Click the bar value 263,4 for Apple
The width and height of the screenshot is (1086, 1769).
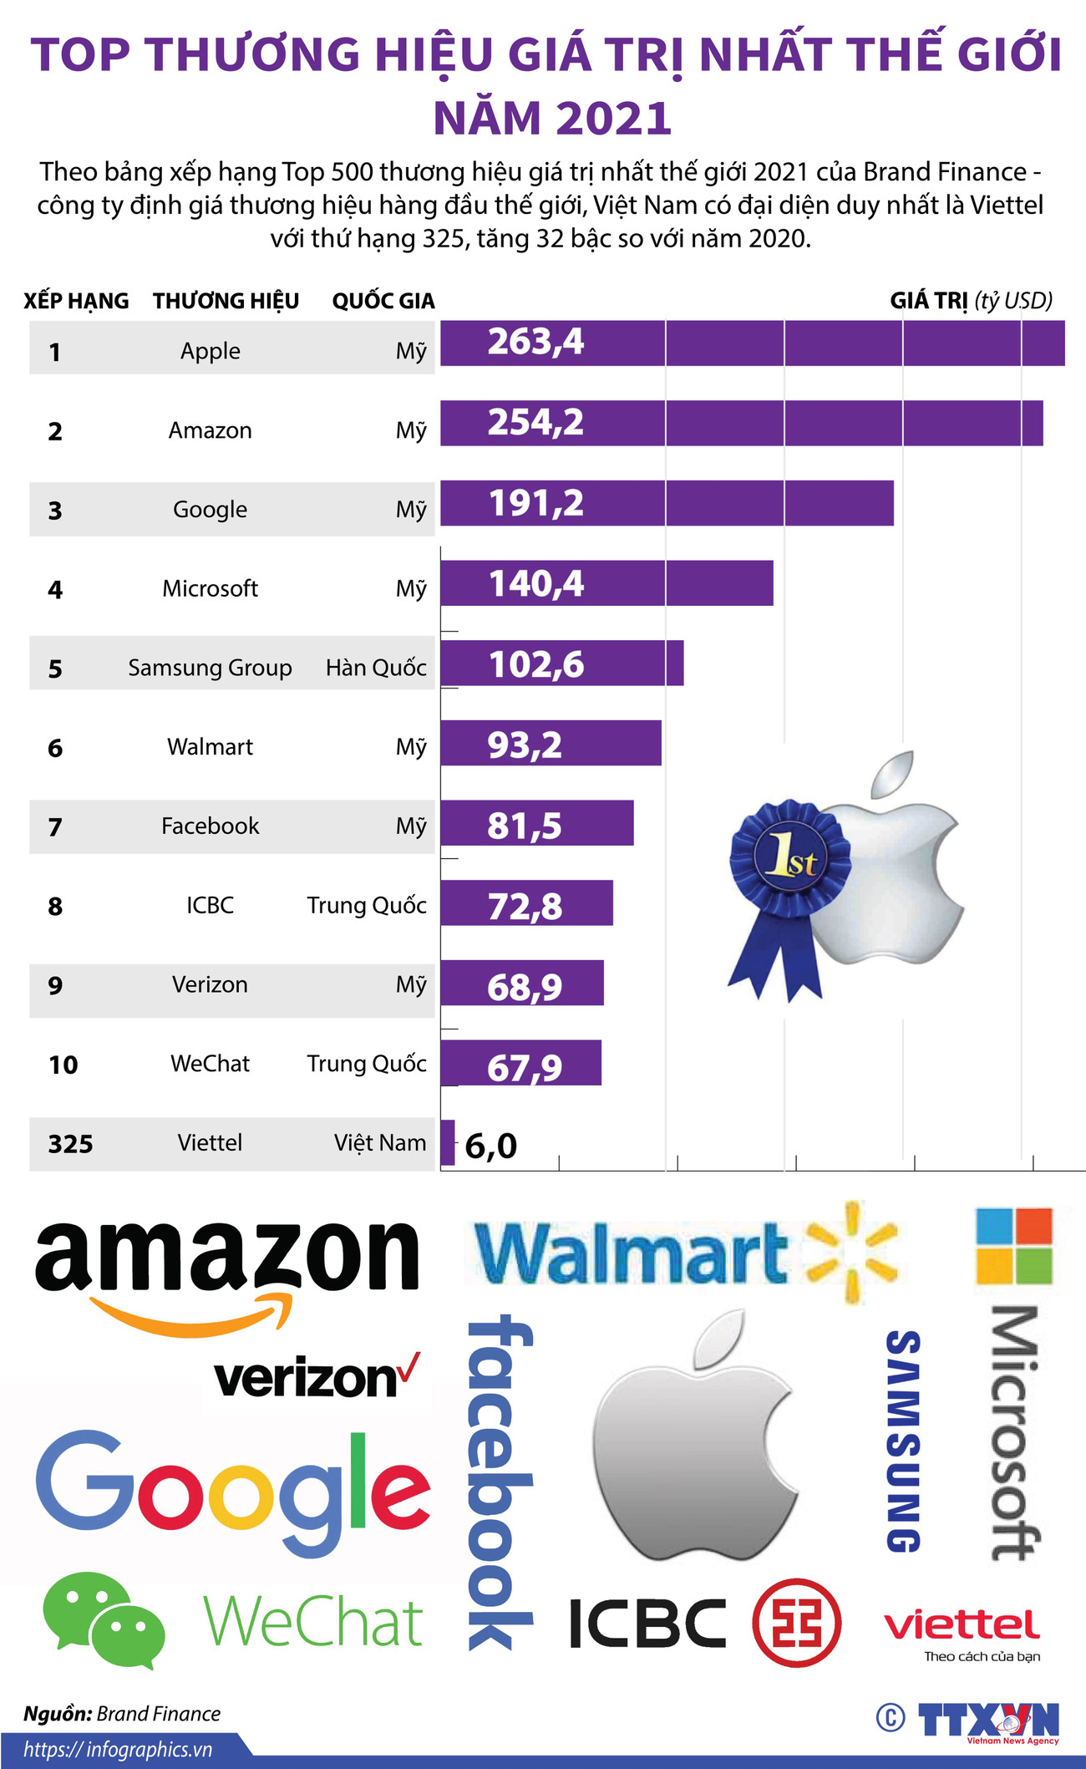pyautogui.click(x=535, y=342)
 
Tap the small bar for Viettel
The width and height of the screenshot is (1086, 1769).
pyautogui.click(x=448, y=1142)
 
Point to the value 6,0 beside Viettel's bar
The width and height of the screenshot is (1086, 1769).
pyautogui.click(x=491, y=1146)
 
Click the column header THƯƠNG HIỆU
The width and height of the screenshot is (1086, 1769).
pyautogui.click(x=226, y=301)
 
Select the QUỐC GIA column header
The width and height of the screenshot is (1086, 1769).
pyautogui.click(x=383, y=301)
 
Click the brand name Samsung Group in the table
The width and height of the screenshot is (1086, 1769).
pyautogui.click(x=210, y=668)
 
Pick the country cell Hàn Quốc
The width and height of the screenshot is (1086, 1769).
pyautogui.click(x=376, y=668)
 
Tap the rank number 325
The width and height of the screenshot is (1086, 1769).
pyautogui.click(x=70, y=1143)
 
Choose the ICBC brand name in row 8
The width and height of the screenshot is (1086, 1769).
pyautogui.click(x=210, y=905)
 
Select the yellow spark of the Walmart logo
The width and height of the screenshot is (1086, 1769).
pyautogui.click(x=852, y=1252)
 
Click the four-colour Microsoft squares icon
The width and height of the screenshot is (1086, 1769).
pyautogui.click(x=1014, y=1245)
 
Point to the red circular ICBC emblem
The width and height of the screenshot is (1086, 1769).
pyautogui.click(x=796, y=1622)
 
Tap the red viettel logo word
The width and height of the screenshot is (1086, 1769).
pyautogui.click(x=962, y=1624)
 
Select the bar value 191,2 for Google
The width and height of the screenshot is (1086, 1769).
pyautogui.click(x=535, y=503)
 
